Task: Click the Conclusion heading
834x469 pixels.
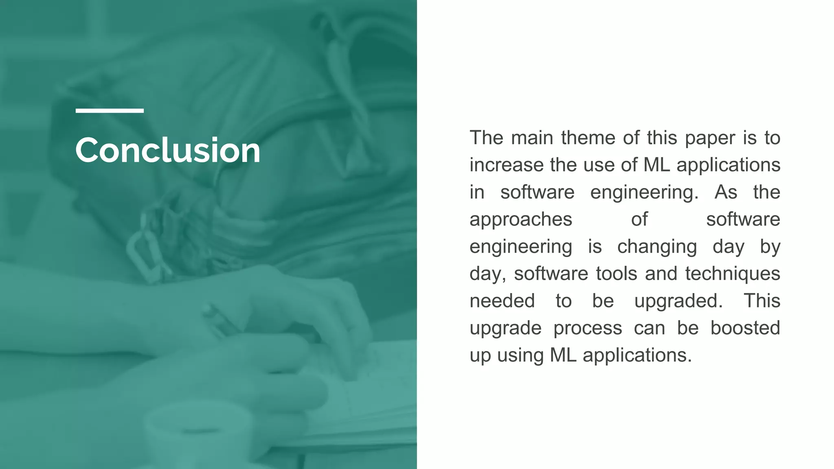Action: click(x=167, y=150)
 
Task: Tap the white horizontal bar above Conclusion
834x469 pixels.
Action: click(x=110, y=111)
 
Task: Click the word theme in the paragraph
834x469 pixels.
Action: click(x=588, y=138)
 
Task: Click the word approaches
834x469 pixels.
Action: click(x=521, y=220)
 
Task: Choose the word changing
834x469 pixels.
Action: click(x=657, y=247)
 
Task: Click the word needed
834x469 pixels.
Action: click(x=502, y=301)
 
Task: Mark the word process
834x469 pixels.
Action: click(x=588, y=329)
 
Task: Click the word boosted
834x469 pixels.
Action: click(x=745, y=328)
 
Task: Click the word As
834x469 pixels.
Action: click(x=726, y=192)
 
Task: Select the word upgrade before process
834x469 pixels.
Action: click(x=505, y=329)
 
